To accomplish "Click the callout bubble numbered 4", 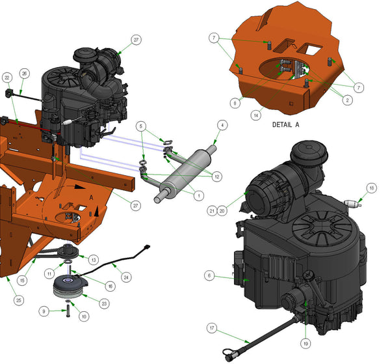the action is pos(222,125).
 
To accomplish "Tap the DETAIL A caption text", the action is pos(286,124).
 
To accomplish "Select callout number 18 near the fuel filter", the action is pos(372,188).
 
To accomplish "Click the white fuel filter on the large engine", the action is pos(353,204).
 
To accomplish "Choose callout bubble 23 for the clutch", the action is pos(104,303).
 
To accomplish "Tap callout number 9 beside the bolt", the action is pos(44,311).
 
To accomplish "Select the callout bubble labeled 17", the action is pos(212,328).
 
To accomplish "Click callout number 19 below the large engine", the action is pos(305,344).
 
